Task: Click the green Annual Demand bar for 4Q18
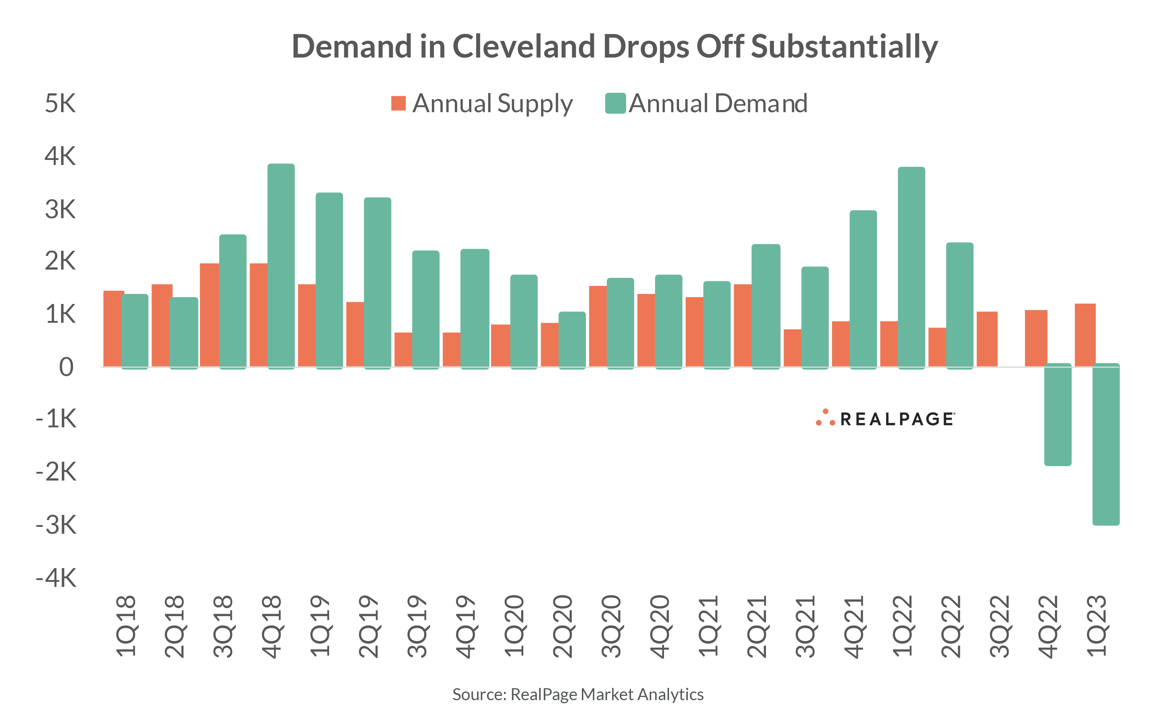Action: coord(281,266)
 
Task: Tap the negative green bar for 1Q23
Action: coord(1106,445)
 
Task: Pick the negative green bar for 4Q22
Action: coord(1058,415)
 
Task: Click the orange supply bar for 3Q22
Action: coord(987,339)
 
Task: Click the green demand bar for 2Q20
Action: coord(572,340)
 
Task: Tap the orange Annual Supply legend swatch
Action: coord(398,103)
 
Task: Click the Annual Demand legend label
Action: coord(718,103)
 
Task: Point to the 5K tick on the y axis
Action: coord(60,103)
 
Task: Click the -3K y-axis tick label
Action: coord(56,525)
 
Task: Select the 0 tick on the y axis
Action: coord(66,367)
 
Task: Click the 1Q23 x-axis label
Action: coord(1097,626)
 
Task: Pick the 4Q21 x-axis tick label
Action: coord(854,626)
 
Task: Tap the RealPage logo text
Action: coord(897,419)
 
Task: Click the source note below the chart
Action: coord(578,694)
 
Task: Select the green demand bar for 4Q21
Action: coord(863,289)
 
